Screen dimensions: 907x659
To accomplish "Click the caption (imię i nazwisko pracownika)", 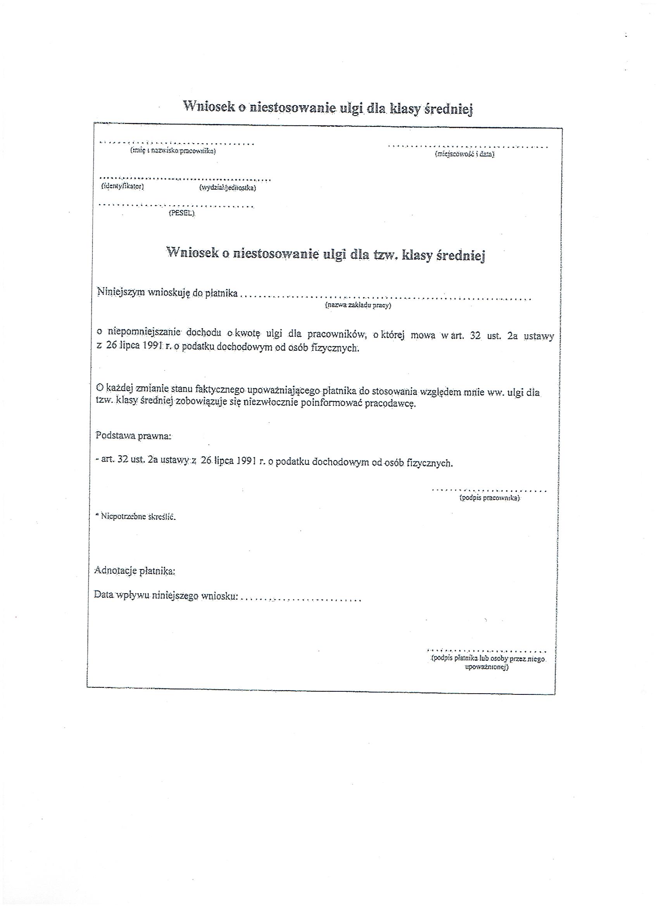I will (x=173, y=151).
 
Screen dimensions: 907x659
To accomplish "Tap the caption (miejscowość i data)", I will (x=464, y=154).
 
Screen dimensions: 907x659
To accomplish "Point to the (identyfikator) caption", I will (x=122, y=186).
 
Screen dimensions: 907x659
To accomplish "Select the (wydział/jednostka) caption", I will (x=228, y=187).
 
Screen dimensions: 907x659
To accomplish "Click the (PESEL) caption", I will (x=181, y=213).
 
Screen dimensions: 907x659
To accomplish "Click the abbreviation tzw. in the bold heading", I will (x=385, y=255).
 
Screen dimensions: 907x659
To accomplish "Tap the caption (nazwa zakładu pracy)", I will (x=358, y=305).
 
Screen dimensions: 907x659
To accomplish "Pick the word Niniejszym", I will (x=121, y=293).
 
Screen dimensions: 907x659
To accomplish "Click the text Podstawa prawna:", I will (x=133, y=436).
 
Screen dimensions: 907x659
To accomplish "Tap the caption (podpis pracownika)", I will (x=490, y=498).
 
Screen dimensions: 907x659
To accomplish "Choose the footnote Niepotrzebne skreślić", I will (x=138, y=516).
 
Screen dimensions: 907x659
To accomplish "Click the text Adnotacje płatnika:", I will (x=135, y=571).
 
